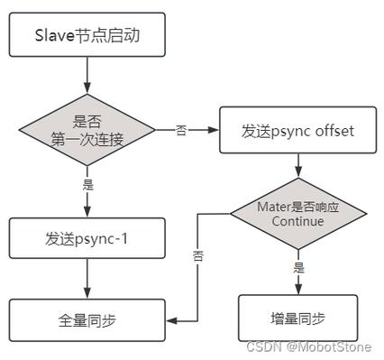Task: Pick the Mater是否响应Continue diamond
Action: pyautogui.click(x=297, y=213)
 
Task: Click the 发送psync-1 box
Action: pyautogui.click(x=87, y=238)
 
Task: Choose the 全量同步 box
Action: pyautogui.click(x=87, y=319)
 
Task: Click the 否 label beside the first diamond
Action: pyautogui.click(x=181, y=130)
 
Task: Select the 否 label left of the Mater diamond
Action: pyautogui.click(x=198, y=255)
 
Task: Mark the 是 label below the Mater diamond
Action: pyautogui.click(x=298, y=268)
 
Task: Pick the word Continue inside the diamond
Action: pyautogui.click(x=297, y=221)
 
